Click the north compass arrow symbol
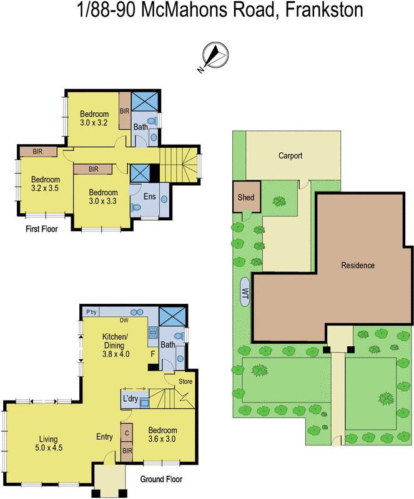pyautogui.click(x=214, y=56)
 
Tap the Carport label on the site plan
pyautogui.click(x=290, y=156)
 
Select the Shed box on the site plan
pyautogui.click(x=246, y=198)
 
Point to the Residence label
pyautogui.click(x=358, y=266)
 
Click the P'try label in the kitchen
pyautogui.click(x=91, y=312)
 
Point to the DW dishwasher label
pyautogui.click(x=125, y=321)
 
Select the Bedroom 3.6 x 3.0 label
pyautogui.click(x=162, y=435)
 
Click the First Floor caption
pyautogui.click(x=42, y=230)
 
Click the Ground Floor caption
pyautogui.click(x=161, y=480)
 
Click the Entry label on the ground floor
pyautogui.click(x=104, y=437)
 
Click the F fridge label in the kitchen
pyautogui.click(x=152, y=353)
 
